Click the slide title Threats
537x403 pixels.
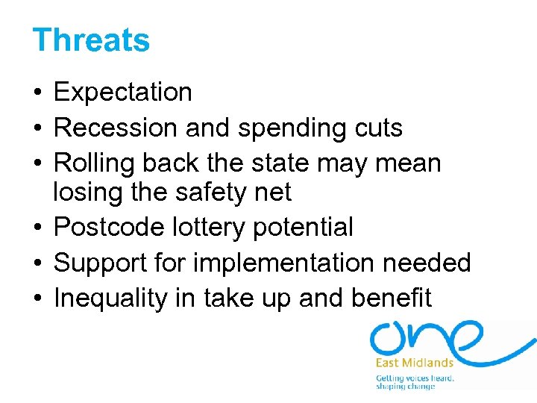(x=91, y=40)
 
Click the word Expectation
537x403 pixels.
(x=123, y=93)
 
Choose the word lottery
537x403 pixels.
(x=213, y=227)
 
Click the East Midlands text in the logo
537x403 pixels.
(x=415, y=363)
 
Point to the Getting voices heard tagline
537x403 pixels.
(x=415, y=378)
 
